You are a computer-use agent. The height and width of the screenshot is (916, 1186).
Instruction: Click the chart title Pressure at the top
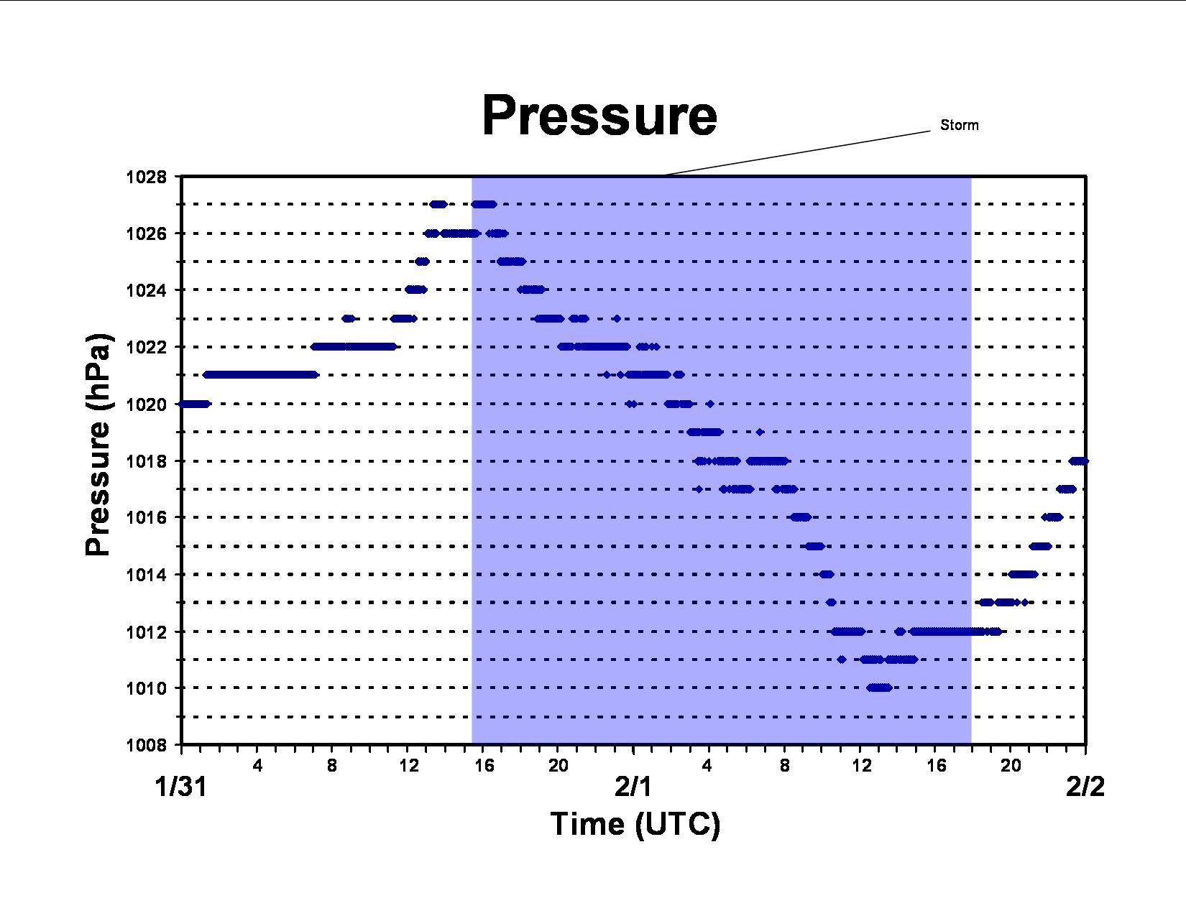(599, 116)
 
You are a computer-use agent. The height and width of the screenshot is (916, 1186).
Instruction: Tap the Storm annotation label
(959, 125)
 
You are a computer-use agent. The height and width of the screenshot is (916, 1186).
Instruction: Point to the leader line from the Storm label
(797, 153)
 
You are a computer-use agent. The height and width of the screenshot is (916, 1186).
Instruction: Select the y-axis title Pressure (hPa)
(98, 444)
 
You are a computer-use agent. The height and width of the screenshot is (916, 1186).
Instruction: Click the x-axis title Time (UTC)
(635, 824)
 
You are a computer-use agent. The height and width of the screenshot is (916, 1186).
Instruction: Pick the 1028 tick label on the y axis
(146, 177)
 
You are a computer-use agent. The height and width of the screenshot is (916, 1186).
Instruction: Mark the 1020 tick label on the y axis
(146, 404)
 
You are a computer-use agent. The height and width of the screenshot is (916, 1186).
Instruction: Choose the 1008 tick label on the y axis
(146, 745)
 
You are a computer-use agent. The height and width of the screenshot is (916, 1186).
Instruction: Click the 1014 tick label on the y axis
(146, 575)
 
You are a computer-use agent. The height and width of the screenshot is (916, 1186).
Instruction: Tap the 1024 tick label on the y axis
(146, 290)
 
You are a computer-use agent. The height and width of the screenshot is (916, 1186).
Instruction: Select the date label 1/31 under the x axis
(180, 787)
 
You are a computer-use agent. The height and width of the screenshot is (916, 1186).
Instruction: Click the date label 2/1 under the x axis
(633, 787)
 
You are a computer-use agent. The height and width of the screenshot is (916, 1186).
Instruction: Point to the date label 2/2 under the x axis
(1085, 787)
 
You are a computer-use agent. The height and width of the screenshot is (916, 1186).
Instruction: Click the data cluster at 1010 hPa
(879, 688)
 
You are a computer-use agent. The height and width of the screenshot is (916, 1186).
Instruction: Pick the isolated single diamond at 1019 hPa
(760, 432)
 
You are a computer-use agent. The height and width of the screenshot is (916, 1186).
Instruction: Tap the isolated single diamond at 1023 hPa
(617, 318)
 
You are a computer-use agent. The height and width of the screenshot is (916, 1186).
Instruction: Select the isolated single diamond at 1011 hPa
(842, 660)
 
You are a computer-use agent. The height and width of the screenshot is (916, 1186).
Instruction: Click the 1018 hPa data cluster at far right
(1078, 461)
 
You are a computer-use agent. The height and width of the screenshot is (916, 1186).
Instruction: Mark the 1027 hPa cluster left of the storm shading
(438, 205)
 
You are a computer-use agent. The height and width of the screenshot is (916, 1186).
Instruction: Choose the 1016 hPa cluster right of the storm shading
(1052, 517)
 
